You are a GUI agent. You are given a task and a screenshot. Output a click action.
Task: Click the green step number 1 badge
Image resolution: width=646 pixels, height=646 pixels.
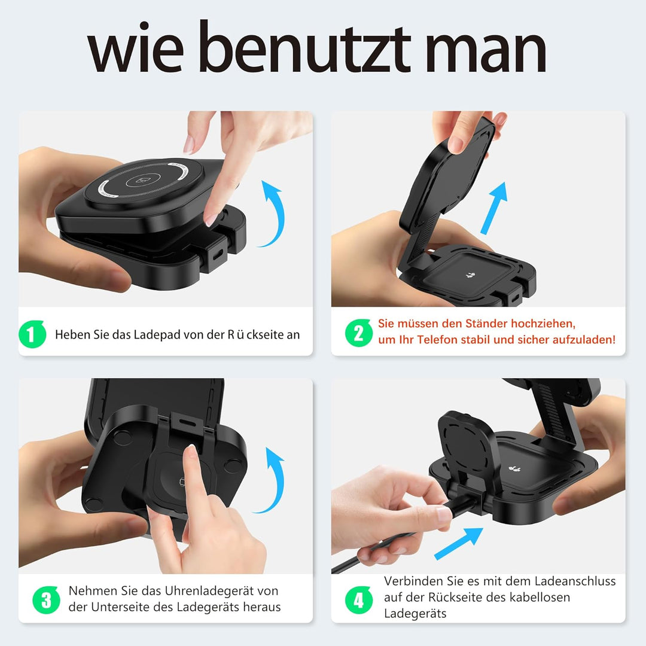32,334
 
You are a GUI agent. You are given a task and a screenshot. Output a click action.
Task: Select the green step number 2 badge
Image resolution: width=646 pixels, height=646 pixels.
359,332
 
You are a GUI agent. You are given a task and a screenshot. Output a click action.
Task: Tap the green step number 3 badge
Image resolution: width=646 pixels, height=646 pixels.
46,599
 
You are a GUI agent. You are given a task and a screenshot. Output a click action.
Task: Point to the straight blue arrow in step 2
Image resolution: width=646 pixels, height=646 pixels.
494,208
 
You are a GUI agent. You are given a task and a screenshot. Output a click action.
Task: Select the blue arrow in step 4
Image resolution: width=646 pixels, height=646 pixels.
459,543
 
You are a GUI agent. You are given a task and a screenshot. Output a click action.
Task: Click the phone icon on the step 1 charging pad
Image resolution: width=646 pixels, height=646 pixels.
143,180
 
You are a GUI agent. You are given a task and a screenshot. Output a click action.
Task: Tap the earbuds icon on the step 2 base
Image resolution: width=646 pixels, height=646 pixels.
470,275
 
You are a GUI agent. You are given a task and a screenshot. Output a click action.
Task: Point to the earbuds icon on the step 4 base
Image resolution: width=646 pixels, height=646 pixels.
514,468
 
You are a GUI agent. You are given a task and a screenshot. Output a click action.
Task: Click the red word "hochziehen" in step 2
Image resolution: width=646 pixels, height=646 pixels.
543,324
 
